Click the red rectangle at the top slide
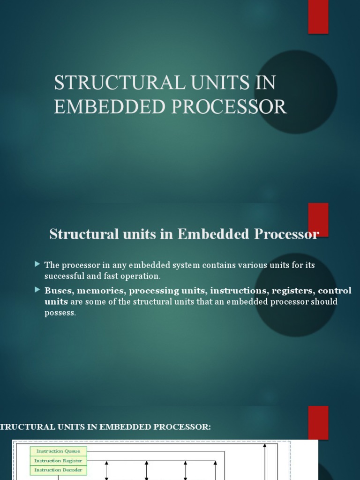(x=318, y=16)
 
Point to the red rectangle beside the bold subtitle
(x=318, y=219)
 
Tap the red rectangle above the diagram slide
(x=318, y=422)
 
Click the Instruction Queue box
(x=58, y=451)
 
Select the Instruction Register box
(x=58, y=460)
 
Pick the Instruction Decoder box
(x=58, y=470)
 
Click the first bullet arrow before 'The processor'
(x=37, y=264)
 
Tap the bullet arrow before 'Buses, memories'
(x=37, y=290)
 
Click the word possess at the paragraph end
(x=60, y=313)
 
